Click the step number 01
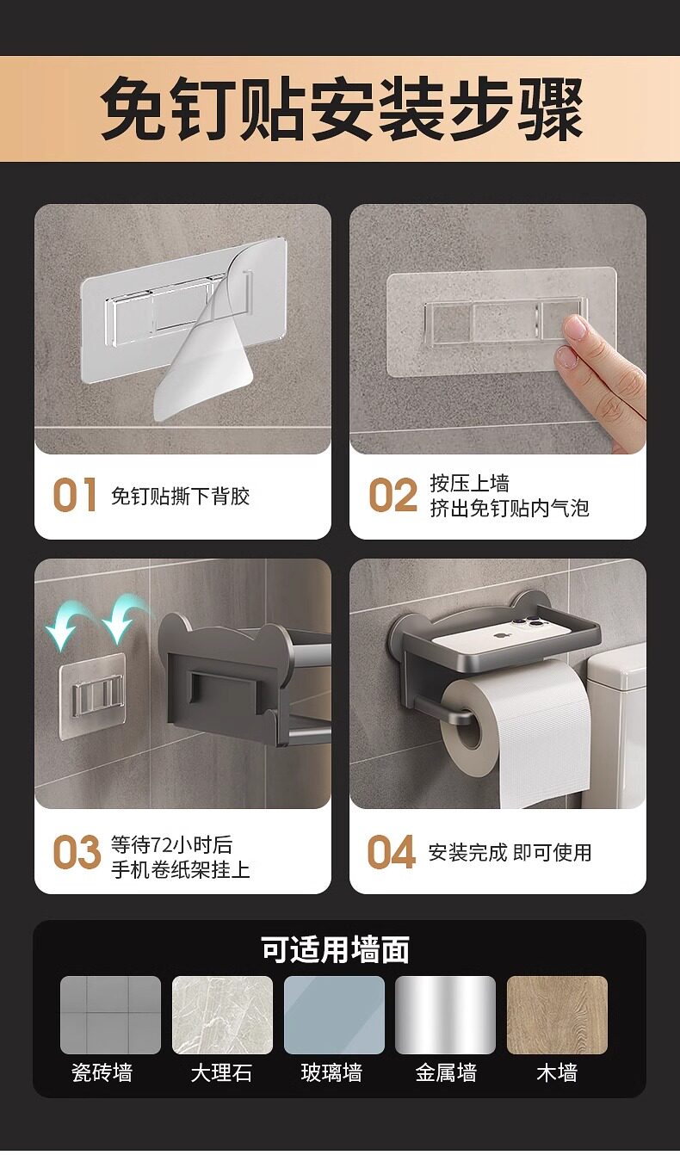coord(75,495)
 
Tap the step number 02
coord(393,495)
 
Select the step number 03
coord(77,852)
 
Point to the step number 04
coord(392,852)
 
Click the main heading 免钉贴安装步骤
coord(341,108)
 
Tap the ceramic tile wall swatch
coord(110,1015)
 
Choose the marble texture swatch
coord(222,1015)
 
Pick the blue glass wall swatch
coord(334,1015)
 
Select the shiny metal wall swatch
coord(445,1015)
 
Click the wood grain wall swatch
coord(557,1015)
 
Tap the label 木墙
coord(557,1073)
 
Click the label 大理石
coord(221,1073)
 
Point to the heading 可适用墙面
coord(335,949)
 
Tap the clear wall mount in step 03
coord(93,695)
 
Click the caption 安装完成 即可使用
coord(510,853)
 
